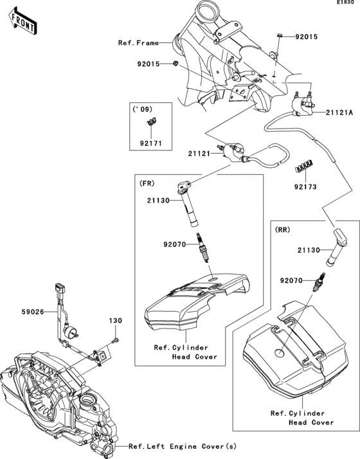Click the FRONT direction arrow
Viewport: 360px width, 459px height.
(x=23, y=22)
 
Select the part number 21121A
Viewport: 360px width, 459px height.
(x=339, y=113)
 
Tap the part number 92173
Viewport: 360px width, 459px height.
(x=305, y=187)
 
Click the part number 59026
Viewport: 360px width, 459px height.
(x=33, y=312)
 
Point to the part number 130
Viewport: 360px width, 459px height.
(x=116, y=321)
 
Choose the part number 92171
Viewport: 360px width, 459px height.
(x=150, y=143)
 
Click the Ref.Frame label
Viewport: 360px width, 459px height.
(x=138, y=43)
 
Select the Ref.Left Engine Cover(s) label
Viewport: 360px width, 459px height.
(x=183, y=446)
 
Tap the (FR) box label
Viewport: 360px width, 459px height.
(x=147, y=183)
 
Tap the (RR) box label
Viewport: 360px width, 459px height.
(x=282, y=230)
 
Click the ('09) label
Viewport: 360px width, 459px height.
(x=143, y=109)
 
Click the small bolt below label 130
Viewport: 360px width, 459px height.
(x=115, y=341)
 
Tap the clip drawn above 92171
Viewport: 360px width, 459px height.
(x=151, y=121)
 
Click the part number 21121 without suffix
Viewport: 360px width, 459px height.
(x=199, y=153)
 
